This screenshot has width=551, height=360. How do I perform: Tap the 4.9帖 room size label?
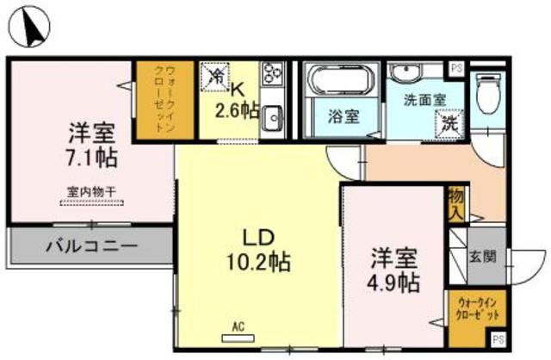(x=395, y=282)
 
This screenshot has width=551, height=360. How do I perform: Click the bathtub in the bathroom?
(x=338, y=83)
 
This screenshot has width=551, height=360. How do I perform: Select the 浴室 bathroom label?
(x=341, y=118)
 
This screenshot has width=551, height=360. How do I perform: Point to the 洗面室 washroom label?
(x=424, y=99)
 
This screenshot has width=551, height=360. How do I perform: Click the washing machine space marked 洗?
(x=449, y=124)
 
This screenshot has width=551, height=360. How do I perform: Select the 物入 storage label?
(x=455, y=203)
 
